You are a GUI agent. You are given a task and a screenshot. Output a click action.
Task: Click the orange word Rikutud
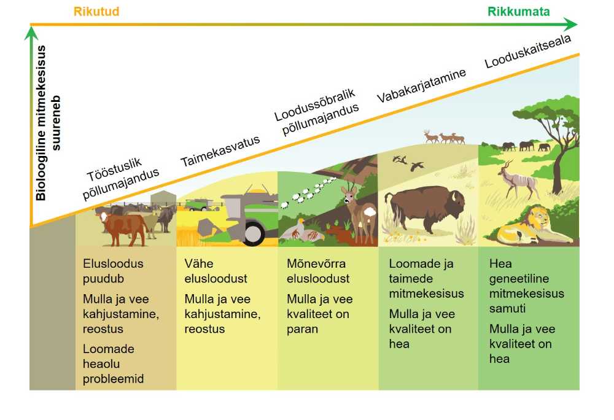pyautogui.click(x=96, y=11)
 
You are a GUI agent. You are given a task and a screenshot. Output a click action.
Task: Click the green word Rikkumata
pyautogui.click(x=518, y=11)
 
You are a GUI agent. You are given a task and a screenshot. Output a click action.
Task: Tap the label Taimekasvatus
pyautogui.click(x=220, y=150)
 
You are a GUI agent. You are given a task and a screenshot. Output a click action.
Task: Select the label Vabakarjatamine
pyautogui.click(x=421, y=85)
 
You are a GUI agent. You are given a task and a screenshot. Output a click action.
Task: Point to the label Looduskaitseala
pyautogui.click(x=527, y=52)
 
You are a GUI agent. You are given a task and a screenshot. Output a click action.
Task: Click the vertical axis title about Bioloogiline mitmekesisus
pyautogui.click(x=48, y=123)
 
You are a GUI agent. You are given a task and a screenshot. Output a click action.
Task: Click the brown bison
pyautogui.click(x=426, y=208)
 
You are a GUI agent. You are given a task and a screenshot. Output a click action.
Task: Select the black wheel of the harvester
pyautogui.click(x=253, y=233)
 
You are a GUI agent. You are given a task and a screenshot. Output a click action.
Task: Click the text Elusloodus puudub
pyautogui.click(x=113, y=271)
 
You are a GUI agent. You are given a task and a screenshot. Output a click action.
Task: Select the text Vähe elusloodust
pyautogui.click(x=216, y=271)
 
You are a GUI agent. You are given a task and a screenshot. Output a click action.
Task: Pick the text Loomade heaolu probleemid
pyautogui.click(x=113, y=364)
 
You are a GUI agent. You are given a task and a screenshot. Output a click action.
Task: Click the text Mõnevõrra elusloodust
pyautogui.click(x=318, y=271)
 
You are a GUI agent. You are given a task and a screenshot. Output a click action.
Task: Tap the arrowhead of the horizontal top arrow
pyautogui.click(x=572, y=25)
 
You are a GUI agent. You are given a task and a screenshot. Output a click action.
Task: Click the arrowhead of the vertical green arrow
pyautogui.click(x=31, y=33)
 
